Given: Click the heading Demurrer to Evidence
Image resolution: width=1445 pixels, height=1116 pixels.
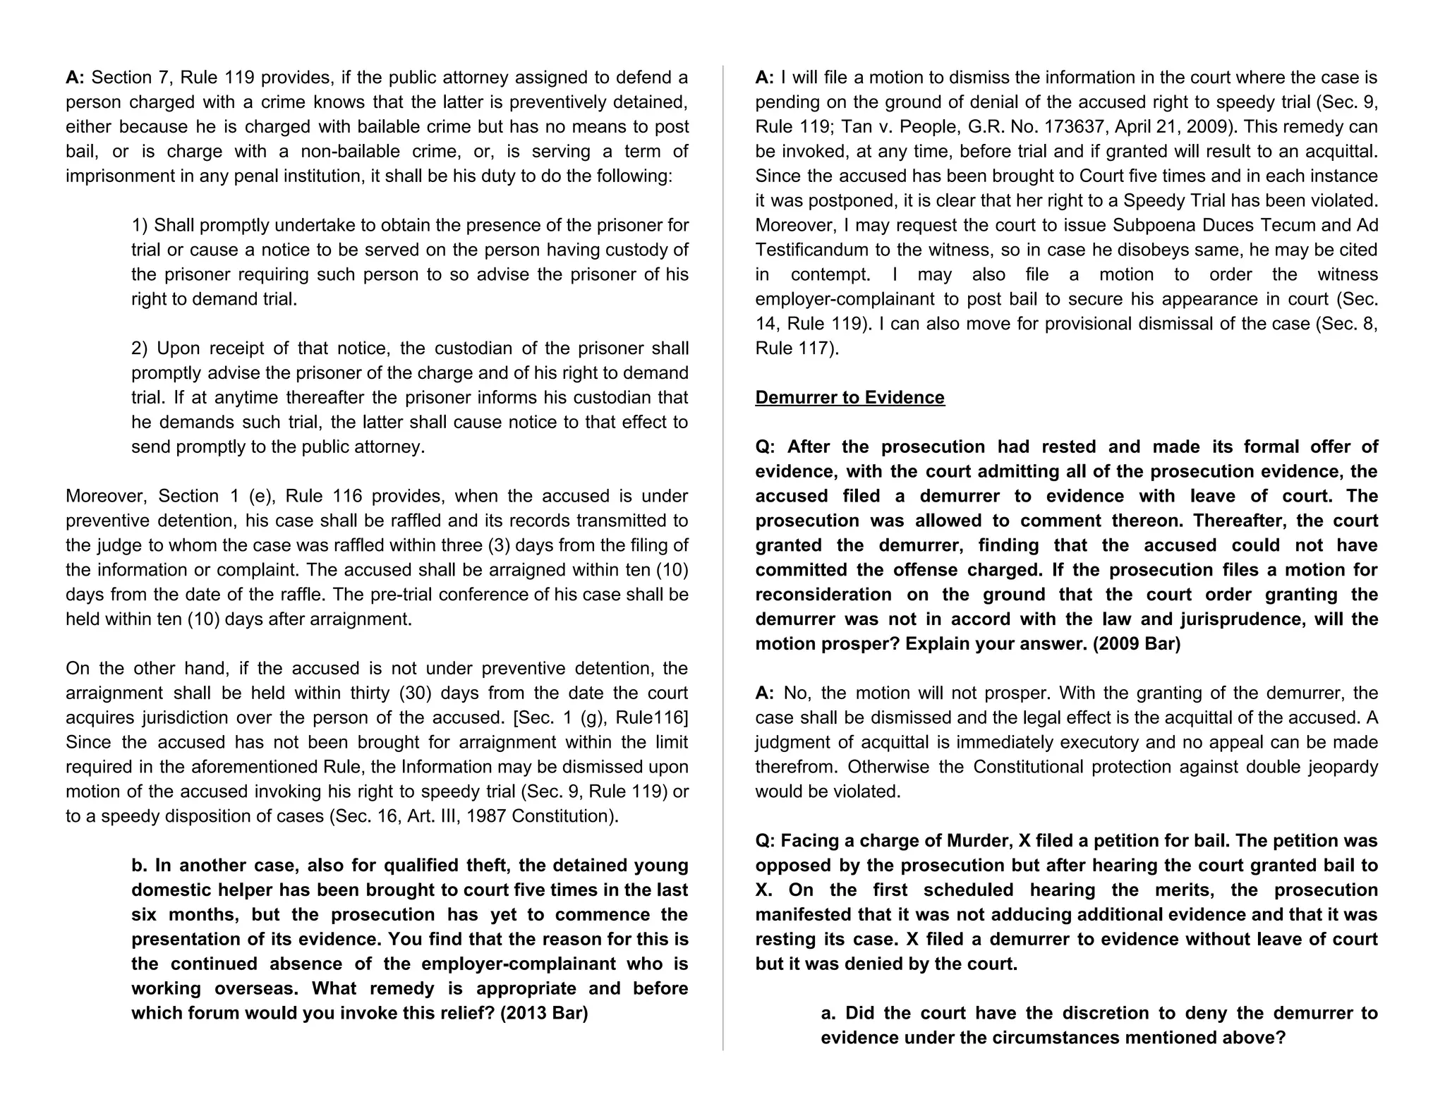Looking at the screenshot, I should (x=850, y=397).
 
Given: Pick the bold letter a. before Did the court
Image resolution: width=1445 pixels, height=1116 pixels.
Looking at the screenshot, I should (x=829, y=1013).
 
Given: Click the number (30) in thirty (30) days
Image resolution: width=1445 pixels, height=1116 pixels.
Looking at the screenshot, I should (x=416, y=693).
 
